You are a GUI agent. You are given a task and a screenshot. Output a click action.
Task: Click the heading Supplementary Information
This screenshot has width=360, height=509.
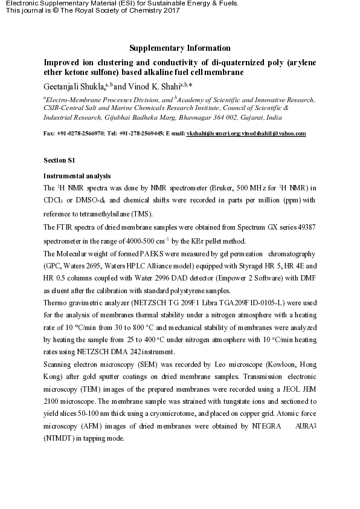pyautogui.click(x=180, y=48)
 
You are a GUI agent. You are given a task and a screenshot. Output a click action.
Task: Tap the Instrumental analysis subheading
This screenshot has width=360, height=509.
pyautogui.click(x=77, y=176)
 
